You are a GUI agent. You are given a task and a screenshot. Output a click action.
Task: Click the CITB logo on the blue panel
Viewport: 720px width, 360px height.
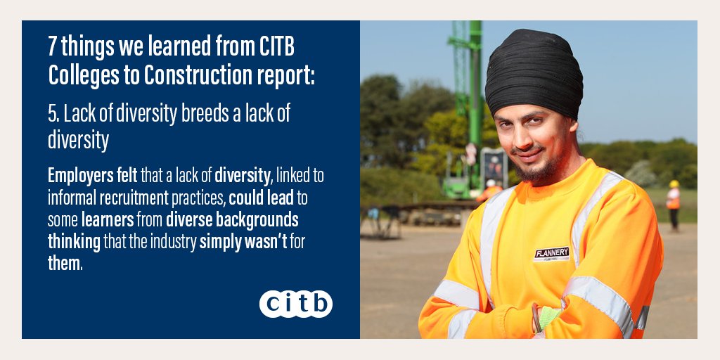[x=295, y=304]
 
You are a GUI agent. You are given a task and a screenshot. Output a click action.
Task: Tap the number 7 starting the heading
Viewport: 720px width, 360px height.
[x=53, y=48]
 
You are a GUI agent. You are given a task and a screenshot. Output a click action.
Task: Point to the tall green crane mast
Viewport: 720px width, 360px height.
[x=475, y=84]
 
